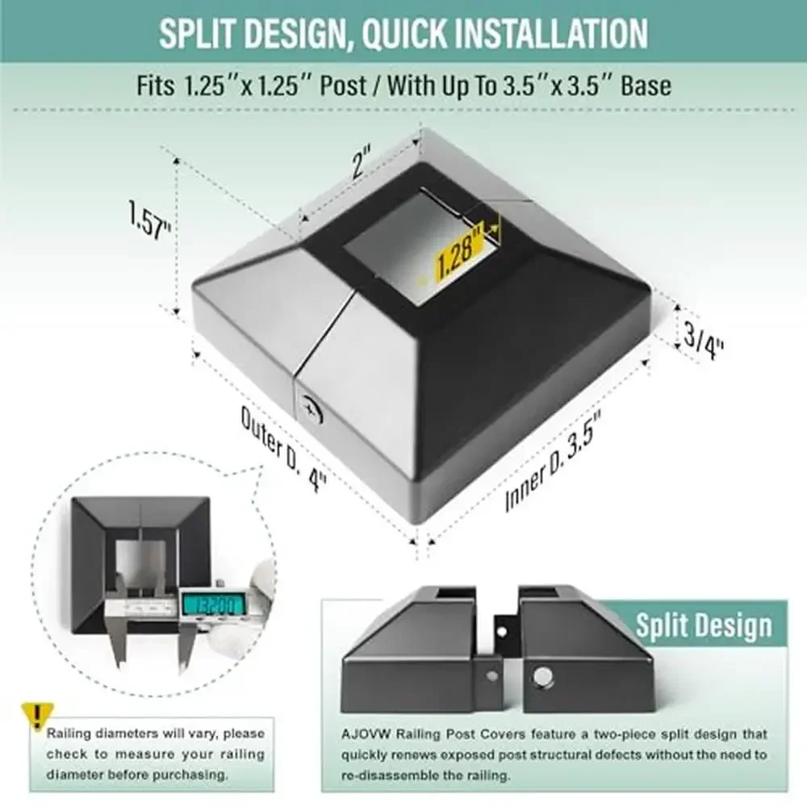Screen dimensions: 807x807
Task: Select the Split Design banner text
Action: point(703,625)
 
